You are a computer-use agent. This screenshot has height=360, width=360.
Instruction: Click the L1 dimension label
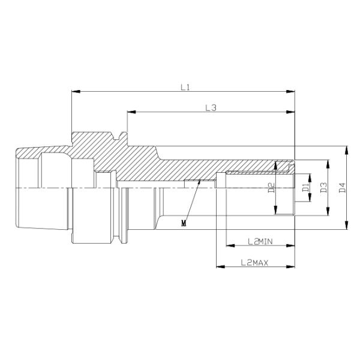coord(185,87)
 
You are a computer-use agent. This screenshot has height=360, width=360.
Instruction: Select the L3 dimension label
coord(211,108)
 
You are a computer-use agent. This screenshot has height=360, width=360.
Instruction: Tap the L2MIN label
coord(260,241)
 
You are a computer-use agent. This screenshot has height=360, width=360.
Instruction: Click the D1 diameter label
coord(305,188)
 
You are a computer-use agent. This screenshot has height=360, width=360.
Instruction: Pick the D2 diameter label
coord(271,188)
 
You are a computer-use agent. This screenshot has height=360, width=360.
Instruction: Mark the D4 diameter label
coord(342,188)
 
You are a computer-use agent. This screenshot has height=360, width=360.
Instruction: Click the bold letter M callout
coord(184,223)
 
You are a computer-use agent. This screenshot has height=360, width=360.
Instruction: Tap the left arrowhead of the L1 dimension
coord(74,92)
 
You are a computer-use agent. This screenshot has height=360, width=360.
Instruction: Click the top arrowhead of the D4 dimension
coord(347,149)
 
